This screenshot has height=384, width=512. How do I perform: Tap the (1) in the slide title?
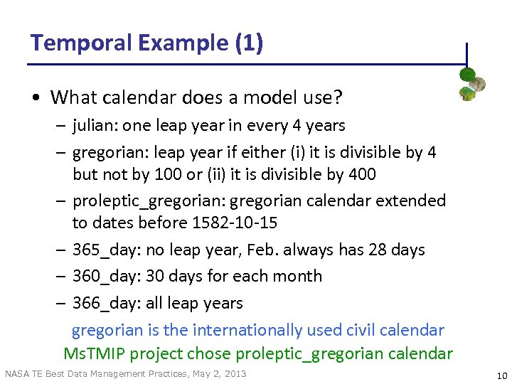point(248,43)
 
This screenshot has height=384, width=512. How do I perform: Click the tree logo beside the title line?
point(471,84)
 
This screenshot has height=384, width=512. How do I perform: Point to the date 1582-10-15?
point(235,223)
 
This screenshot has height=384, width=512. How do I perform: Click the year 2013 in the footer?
point(235,374)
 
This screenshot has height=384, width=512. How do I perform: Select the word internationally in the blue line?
point(247,330)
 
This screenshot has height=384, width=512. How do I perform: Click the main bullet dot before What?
point(37,97)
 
